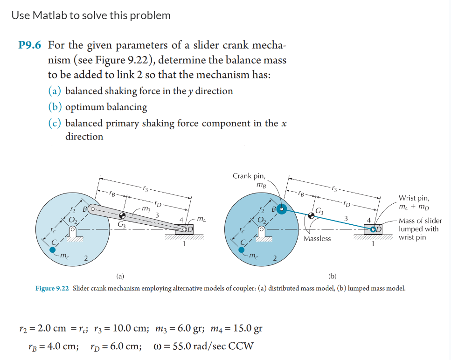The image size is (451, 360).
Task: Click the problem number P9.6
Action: (x=31, y=46)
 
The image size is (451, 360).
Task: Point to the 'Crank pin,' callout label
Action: (x=249, y=176)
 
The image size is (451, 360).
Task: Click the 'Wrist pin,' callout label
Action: (x=414, y=198)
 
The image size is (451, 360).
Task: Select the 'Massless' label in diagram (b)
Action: (x=317, y=238)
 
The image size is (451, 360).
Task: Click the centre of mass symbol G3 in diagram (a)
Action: (x=122, y=216)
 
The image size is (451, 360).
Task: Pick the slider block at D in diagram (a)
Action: (x=185, y=229)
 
